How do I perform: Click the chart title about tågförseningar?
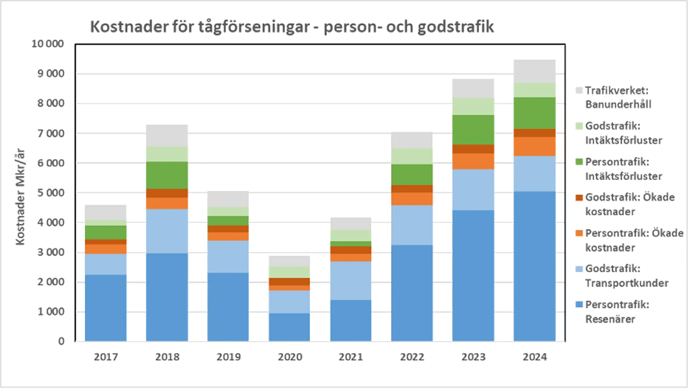point(292,27)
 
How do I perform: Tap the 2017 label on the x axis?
point(106,357)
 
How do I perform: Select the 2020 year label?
point(290,357)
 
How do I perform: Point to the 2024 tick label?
point(535,357)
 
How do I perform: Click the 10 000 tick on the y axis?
point(47,43)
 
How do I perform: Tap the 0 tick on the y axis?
point(61,341)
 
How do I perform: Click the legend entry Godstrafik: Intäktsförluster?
point(623,133)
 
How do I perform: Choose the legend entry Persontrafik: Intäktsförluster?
point(623,169)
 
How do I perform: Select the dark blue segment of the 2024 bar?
point(534,266)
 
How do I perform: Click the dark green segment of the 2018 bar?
point(166,175)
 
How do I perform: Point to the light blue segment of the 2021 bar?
point(351,281)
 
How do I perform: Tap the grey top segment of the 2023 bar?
point(473,88)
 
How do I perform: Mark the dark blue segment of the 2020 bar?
point(289,327)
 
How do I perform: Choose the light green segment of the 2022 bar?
point(412,157)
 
